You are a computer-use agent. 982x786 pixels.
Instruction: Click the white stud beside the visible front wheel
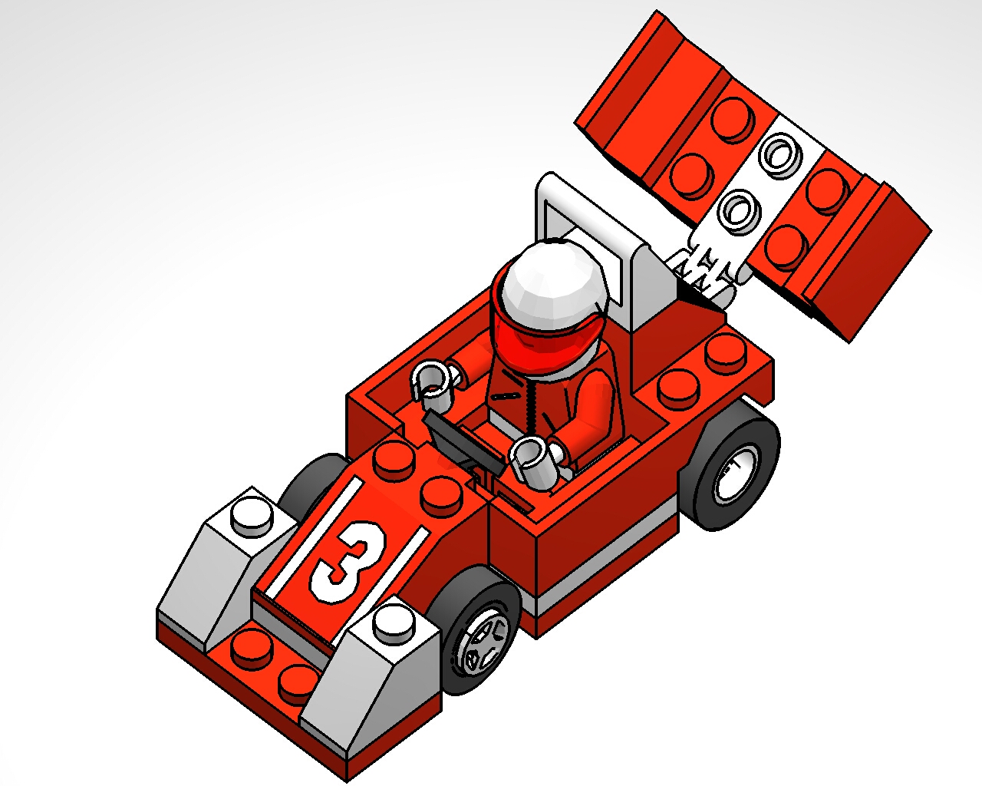pyautogui.click(x=392, y=621)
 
